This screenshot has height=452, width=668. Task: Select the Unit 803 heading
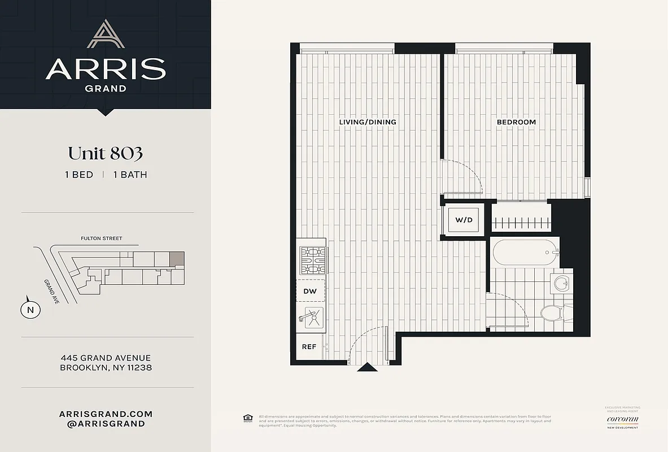[x=106, y=153]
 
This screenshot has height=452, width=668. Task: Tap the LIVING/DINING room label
[x=368, y=122]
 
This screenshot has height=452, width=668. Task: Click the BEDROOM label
[x=516, y=122]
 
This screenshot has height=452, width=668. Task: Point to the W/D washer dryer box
[x=464, y=220]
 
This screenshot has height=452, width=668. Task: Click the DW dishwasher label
[x=310, y=292]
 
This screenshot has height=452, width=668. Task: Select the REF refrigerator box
[x=309, y=347]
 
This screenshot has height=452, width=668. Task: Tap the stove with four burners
[x=311, y=259]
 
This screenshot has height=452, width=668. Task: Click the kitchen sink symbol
[x=311, y=319]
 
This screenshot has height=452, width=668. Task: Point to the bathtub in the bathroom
[x=524, y=253]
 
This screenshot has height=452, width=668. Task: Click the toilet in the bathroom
[x=552, y=312]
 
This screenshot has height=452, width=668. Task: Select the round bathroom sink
[x=561, y=284]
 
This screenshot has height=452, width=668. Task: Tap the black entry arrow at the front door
[x=367, y=367]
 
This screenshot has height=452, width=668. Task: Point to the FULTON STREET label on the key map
[x=102, y=238]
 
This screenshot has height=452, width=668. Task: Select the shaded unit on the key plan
[x=177, y=258]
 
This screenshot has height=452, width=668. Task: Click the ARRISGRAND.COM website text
[x=106, y=414]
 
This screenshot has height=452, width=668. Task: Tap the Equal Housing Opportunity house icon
[x=247, y=419]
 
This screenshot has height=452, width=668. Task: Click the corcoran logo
[x=622, y=419]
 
